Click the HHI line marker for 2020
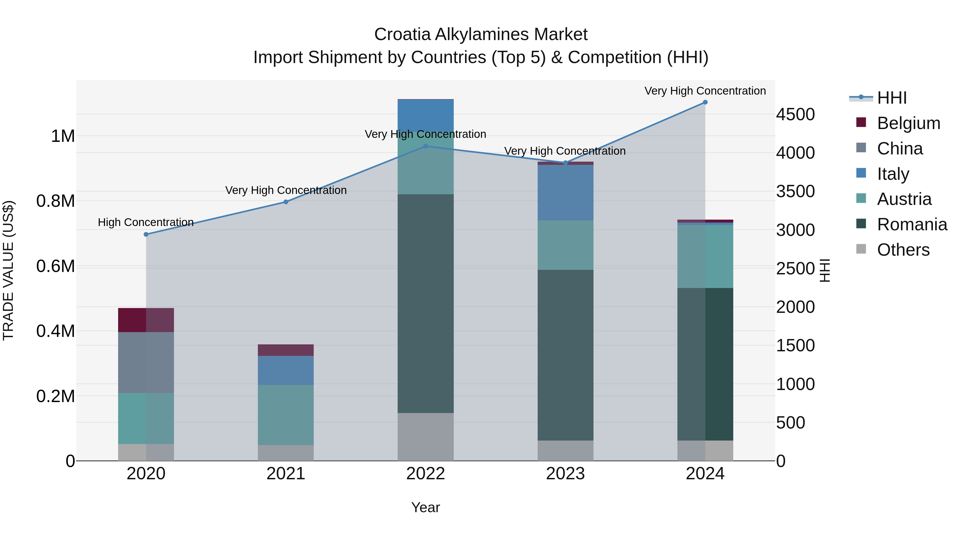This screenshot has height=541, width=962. click(x=146, y=235)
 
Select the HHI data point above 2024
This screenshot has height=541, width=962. click(x=705, y=102)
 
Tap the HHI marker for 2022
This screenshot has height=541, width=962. click(x=425, y=146)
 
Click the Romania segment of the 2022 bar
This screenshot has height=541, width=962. click(x=425, y=303)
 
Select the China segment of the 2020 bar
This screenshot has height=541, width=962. click(x=146, y=362)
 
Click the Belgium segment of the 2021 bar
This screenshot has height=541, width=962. click(x=286, y=350)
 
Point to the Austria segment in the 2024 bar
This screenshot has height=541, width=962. click(x=705, y=256)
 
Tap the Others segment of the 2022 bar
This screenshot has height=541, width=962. click(x=425, y=437)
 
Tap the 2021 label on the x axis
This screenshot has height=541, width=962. click(x=286, y=474)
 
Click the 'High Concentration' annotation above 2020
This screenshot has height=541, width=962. click(x=146, y=223)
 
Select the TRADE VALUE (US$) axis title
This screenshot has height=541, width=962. click(x=8, y=270)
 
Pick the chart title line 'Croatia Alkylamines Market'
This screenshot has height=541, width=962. click(x=481, y=34)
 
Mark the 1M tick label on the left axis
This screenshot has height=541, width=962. click(x=63, y=136)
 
